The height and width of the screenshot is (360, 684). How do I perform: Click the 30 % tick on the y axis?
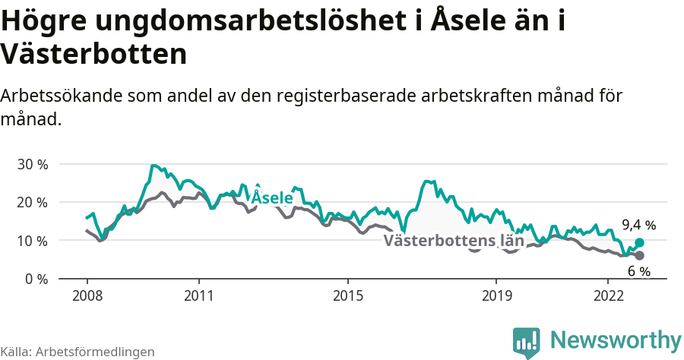point(32,164)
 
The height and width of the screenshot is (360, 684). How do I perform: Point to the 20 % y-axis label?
point(32,202)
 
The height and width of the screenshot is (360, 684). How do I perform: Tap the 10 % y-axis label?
point(32,241)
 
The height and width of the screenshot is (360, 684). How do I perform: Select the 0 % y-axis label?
point(36,279)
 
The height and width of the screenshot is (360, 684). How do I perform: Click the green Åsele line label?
point(272,197)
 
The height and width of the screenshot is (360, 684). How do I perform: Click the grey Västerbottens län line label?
point(454,241)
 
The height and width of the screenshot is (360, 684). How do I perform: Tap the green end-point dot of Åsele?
point(639,242)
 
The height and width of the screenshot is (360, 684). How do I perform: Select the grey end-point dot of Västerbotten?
point(639,256)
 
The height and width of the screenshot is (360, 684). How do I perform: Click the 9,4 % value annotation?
point(638,225)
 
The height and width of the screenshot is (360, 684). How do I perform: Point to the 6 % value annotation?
point(638,271)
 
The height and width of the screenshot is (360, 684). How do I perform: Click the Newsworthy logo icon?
point(527,342)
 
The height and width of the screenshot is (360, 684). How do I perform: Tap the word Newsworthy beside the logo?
point(616,339)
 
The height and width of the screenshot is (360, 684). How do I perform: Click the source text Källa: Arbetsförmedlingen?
point(78,352)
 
